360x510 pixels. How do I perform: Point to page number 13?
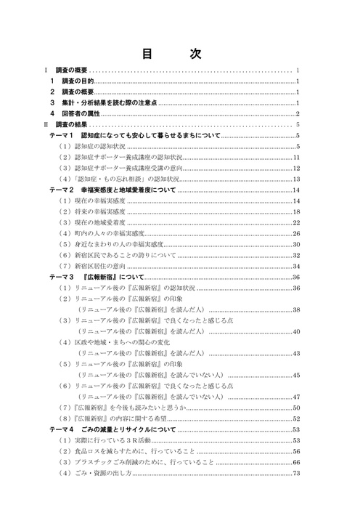coord(296,179)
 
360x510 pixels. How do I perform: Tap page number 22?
coord(296,222)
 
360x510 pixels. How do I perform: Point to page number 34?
coord(296,266)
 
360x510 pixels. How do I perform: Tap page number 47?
coord(296,397)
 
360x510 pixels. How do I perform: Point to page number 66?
coord(296,462)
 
